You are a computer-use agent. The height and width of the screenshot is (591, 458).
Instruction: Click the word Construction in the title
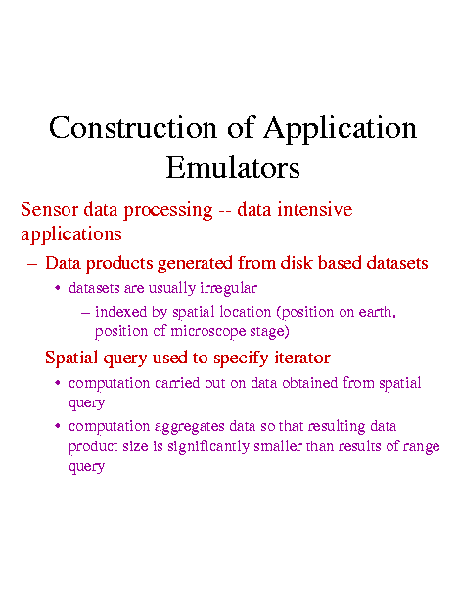(x=133, y=127)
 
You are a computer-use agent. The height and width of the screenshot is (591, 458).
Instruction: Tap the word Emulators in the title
(x=233, y=167)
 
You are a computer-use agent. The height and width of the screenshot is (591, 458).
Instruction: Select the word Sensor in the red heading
(x=50, y=209)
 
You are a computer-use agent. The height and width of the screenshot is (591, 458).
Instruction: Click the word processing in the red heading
(x=168, y=211)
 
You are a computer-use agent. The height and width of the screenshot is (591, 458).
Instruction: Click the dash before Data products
(x=32, y=264)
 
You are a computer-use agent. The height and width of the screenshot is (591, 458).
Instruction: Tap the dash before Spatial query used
(x=32, y=359)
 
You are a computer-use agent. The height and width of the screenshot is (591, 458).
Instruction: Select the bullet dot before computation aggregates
(x=58, y=426)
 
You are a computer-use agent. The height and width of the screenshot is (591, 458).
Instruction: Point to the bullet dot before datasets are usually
(x=58, y=288)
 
